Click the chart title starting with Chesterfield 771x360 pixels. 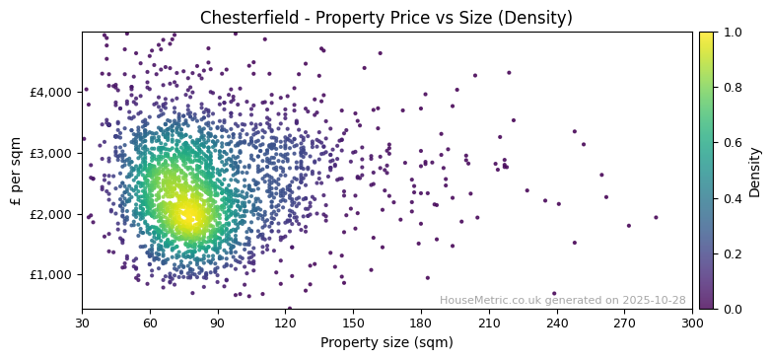[385, 18]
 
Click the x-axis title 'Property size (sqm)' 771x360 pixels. [386, 343]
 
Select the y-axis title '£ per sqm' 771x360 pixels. [16, 170]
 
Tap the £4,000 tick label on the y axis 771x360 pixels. [52, 92]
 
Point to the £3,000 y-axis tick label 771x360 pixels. [52, 153]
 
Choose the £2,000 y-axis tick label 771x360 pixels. [52, 214]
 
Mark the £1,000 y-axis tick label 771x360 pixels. [52, 275]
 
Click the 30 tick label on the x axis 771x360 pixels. [82, 323]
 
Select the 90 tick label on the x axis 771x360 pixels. [218, 323]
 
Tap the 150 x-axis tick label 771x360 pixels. [353, 323]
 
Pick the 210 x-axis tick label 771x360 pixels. [489, 323]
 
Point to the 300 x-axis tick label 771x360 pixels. [692, 323]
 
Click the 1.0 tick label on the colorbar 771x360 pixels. [731, 32]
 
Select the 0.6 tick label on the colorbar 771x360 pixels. [731, 143]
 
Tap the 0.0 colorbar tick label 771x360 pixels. [731, 309]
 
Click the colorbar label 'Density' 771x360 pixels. [755, 170]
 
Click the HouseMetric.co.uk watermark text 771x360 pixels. [562, 301]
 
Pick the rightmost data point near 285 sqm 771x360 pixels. [656, 218]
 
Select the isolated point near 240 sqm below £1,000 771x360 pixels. [554, 293]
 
